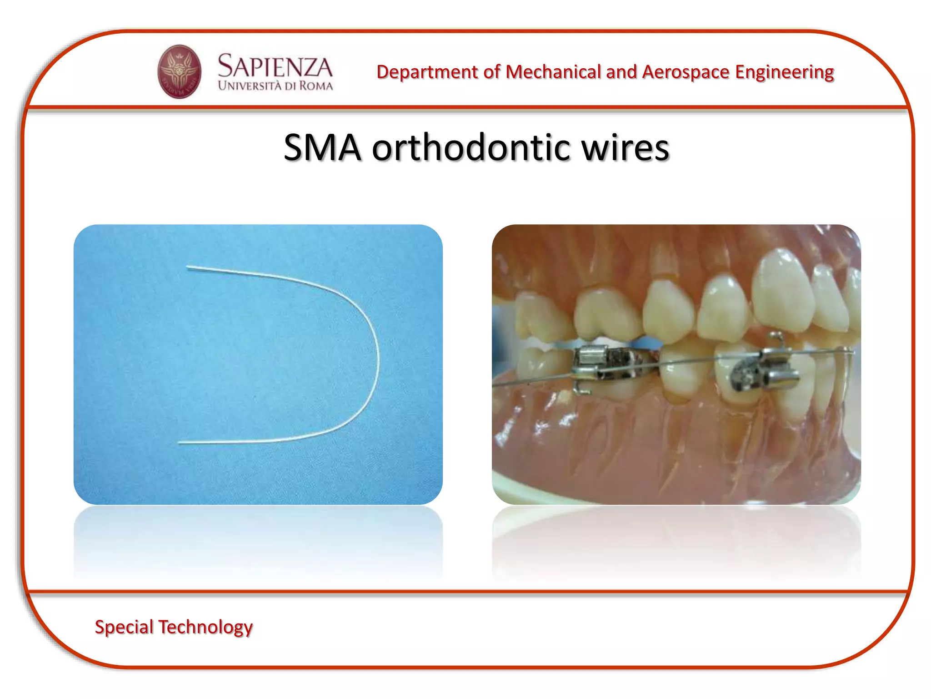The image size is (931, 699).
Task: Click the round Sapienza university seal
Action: click(x=179, y=71)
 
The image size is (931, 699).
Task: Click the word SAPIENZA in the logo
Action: click(x=275, y=66)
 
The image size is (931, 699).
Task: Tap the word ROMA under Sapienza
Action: click(x=315, y=86)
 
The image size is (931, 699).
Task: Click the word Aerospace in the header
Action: click(x=686, y=72)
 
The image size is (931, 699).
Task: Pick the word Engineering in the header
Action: click(x=784, y=72)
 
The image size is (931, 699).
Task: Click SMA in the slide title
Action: click(x=322, y=147)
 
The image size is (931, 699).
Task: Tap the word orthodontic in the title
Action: click(x=471, y=147)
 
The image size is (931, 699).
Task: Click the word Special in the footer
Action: click(x=124, y=627)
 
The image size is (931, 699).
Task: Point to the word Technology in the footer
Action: click(x=205, y=627)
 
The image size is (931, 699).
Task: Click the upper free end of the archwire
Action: click(x=189, y=268)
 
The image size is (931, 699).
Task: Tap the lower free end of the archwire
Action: click(x=180, y=442)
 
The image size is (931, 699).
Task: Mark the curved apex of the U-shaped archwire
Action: click(x=377, y=360)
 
